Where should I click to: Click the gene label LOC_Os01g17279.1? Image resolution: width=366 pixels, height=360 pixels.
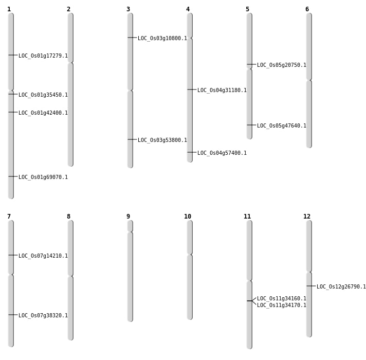(x=43, y=56)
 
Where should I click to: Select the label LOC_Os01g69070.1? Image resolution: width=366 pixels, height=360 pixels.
(x=43, y=177)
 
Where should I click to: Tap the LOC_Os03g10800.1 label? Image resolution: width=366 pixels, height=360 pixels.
(x=162, y=39)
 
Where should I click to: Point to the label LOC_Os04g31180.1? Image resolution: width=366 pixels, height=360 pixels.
(x=222, y=91)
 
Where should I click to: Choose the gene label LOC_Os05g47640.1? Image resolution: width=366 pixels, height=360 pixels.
(x=282, y=126)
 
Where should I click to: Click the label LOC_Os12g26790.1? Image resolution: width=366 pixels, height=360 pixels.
(x=341, y=287)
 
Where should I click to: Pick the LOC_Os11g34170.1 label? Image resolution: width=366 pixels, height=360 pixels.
(x=282, y=305)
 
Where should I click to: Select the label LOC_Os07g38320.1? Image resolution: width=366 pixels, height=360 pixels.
(x=43, y=316)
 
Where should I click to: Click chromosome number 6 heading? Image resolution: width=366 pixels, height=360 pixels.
(x=307, y=9)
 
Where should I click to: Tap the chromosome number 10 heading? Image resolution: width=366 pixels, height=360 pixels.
(x=188, y=217)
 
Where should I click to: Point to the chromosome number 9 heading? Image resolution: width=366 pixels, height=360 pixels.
(x=128, y=217)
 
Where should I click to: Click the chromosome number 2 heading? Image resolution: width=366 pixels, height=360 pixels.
(x=68, y=9)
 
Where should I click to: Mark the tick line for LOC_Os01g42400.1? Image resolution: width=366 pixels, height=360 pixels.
(x=13, y=112)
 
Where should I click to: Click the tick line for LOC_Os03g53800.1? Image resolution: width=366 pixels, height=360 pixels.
(x=132, y=139)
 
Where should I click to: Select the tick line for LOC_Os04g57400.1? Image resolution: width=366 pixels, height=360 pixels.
(x=192, y=152)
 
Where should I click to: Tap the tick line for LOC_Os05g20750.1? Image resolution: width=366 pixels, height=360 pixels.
(x=251, y=64)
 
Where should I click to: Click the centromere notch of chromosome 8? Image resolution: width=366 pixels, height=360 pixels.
(x=70, y=276)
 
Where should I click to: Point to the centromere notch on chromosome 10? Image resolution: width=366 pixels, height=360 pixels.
(x=190, y=255)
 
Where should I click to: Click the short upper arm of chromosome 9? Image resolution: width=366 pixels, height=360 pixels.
(x=130, y=226)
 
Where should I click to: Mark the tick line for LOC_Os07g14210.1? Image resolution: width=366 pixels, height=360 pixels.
(x=13, y=255)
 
